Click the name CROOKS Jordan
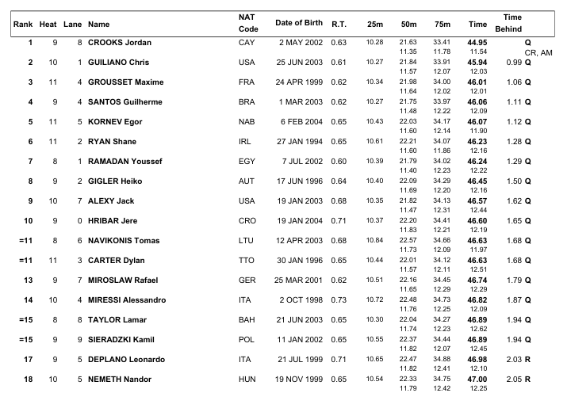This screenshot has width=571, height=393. (x=120, y=42)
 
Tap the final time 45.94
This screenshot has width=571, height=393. (x=477, y=62)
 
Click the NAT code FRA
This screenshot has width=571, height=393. (x=247, y=82)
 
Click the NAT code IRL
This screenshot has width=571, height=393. (x=246, y=141)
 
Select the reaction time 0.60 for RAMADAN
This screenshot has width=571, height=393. (x=339, y=161)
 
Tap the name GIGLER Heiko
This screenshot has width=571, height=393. (x=116, y=181)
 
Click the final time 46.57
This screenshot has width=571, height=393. (x=477, y=200)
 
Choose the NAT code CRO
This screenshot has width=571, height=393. (x=247, y=220)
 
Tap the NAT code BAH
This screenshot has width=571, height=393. (x=247, y=319)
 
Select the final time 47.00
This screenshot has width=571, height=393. (x=477, y=379)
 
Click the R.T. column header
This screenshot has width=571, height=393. (x=339, y=22)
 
